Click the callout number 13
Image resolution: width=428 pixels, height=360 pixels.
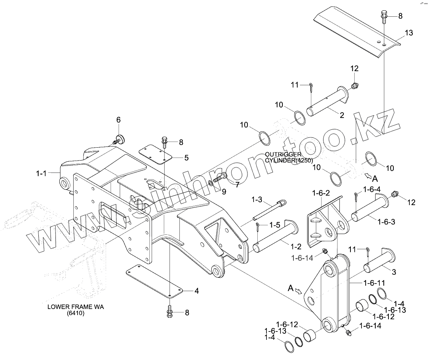pyautogui.click(x=408, y=33)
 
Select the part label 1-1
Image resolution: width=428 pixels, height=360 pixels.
pyautogui.click(x=41, y=174)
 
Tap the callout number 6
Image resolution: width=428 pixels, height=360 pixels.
pyautogui.click(x=118, y=120)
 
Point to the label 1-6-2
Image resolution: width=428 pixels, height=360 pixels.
pyautogui.click(x=321, y=193)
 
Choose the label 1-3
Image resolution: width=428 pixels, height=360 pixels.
pyautogui.click(x=257, y=199)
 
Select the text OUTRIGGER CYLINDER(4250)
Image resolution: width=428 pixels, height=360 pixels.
pyautogui.click(x=289, y=157)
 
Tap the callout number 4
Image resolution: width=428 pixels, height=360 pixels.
pyautogui.click(x=197, y=292)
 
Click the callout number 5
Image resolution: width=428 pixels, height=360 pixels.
pyautogui.click(x=187, y=157)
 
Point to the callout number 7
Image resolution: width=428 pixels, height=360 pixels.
pyautogui.click(x=237, y=185)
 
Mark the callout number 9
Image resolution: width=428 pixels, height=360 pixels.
pyautogui.click(x=224, y=192)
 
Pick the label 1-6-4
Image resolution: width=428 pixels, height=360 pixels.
pyautogui.click(x=372, y=189)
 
